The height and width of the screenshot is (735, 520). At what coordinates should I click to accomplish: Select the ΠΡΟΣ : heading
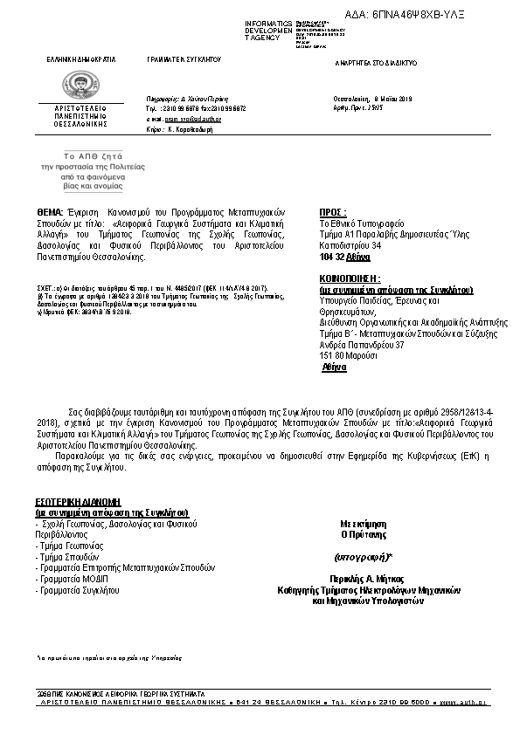pyautogui.click(x=333, y=212)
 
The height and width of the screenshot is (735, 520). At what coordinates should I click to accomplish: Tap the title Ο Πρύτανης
pyautogui.click(x=364, y=533)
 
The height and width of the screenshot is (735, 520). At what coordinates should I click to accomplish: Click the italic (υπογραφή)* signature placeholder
pyautogui.click(x=364, y=556)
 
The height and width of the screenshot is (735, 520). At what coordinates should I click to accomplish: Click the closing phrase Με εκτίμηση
pyautogui.click(x=364, y=523)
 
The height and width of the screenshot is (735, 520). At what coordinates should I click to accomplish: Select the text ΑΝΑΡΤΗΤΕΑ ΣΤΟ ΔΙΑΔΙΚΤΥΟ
pyautogui.click(x=377, y=64)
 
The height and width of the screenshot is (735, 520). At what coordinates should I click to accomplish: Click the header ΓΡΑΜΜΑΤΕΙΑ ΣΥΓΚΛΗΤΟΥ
pyautogui.click(x=184, y=59)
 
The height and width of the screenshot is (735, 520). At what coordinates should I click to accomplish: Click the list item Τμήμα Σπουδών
pyautogui.click(x=68, y=556)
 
